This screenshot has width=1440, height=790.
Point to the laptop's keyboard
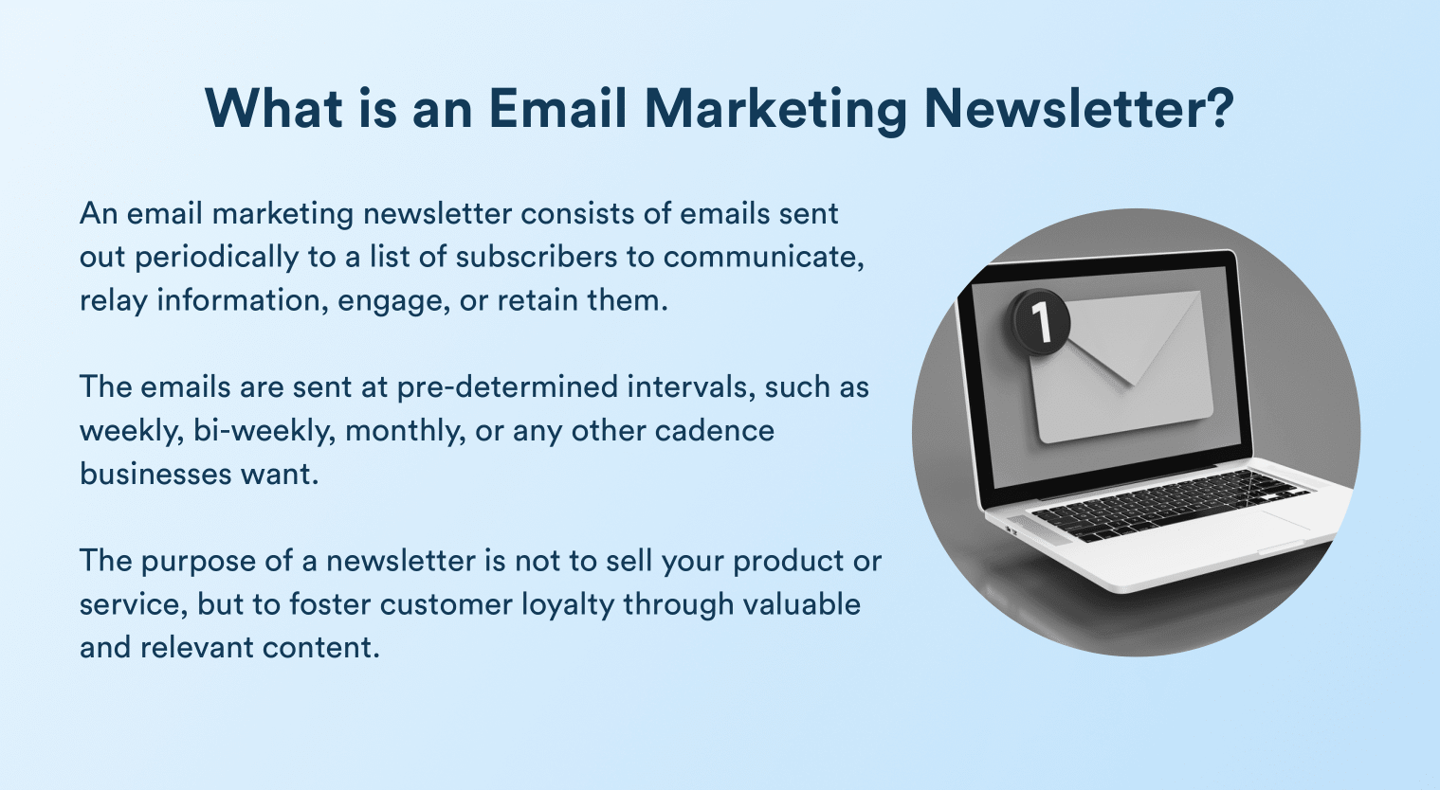[x=1166, y=503]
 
